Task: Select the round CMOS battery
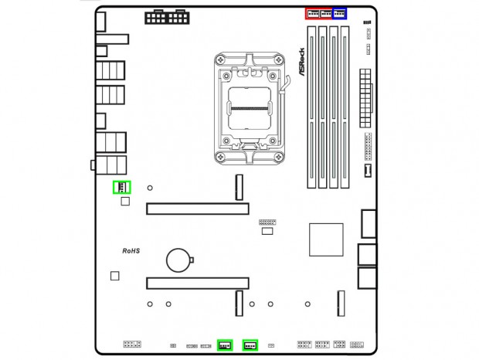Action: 180,259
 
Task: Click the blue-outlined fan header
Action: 339,13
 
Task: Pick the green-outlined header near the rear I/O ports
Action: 122,187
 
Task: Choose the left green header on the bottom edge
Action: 225,345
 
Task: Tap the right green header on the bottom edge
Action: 250,345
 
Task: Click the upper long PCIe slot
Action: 198,209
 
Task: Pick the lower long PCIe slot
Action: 198,284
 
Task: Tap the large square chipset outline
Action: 325,239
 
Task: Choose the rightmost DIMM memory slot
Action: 344,106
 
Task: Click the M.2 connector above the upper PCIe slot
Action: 239,185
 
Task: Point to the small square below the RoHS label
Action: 115,276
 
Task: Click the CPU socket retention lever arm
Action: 287,93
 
